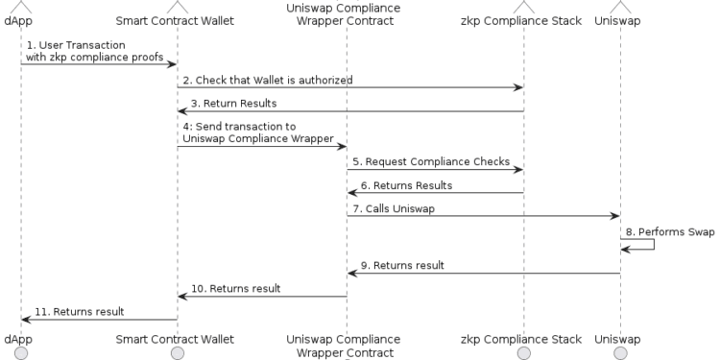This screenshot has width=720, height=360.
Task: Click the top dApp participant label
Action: [x=18, y=20]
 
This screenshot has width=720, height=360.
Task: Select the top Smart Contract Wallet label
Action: [x=177, y=20]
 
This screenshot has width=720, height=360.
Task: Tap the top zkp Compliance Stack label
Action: [x=521, y=20]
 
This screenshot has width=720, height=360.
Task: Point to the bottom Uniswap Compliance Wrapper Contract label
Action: [x=346, y=346]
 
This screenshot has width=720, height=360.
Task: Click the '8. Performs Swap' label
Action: [x=668, y=231]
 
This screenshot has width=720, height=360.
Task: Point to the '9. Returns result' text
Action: [x=402, y=265]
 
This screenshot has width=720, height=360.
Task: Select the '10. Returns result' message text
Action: [x=236, y=288]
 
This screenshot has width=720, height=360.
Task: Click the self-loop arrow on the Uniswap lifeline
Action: [x=653, y=244]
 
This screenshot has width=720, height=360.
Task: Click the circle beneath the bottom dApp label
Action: [x=20, y=353]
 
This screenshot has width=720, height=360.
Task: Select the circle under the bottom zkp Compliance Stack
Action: [x=523, y=353]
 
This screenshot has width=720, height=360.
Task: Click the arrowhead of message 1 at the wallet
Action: [x=172, y=64]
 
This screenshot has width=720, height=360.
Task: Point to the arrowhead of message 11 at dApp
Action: [x=26, y=320]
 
